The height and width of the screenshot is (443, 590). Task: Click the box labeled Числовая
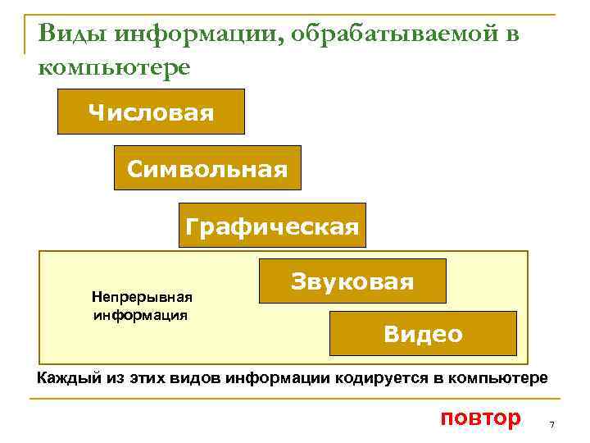151,112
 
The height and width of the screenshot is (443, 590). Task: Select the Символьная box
207,168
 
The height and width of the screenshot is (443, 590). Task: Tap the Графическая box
272,226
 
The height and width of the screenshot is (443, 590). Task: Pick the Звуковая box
352,281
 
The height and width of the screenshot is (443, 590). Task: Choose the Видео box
423,333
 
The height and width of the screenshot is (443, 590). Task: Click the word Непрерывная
142,296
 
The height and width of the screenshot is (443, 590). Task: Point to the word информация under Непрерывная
141,314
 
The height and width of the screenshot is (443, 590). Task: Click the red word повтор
480,418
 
